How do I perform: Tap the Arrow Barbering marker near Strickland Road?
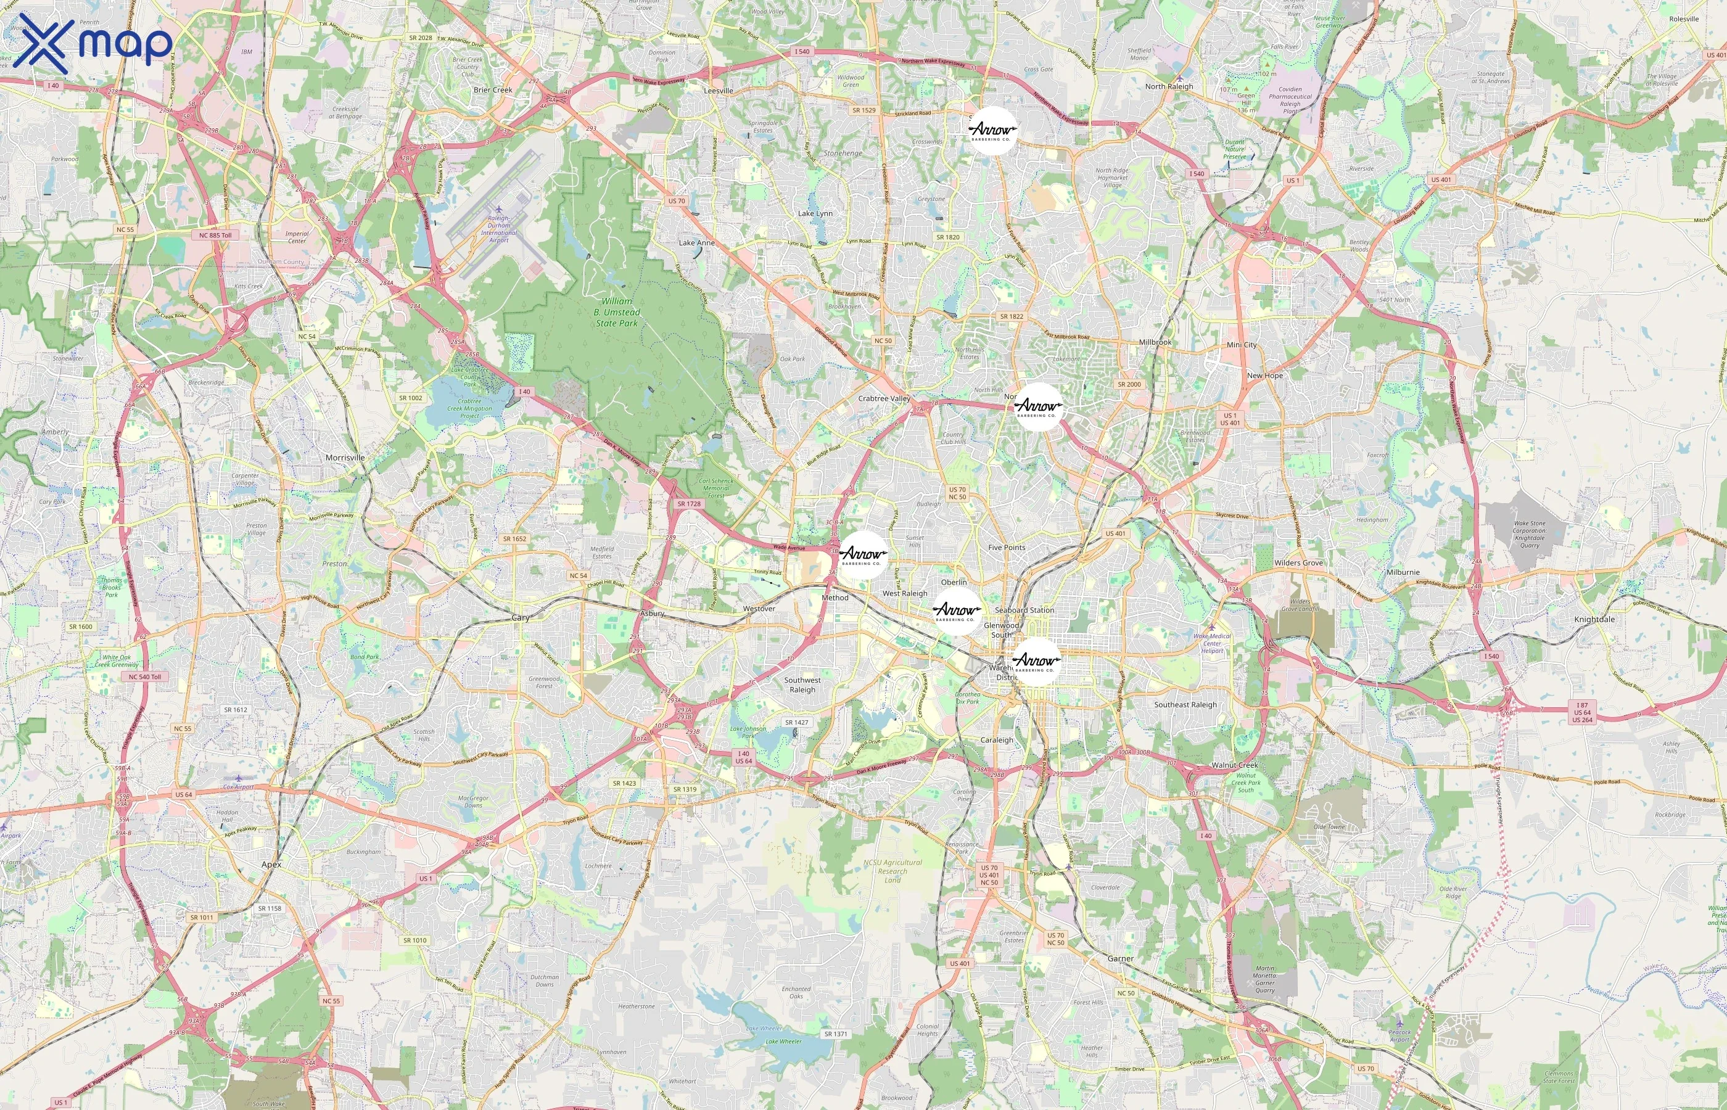(992, 131)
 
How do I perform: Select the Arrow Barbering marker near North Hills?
(1039, 407)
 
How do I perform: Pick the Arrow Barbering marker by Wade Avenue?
(863, 555)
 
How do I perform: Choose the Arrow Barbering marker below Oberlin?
(957, 611)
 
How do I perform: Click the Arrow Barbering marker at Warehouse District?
(1036, 661)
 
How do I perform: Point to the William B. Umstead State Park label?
(616, 312)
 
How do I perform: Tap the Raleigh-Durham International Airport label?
(499, 229)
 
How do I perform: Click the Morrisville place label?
(345, 458)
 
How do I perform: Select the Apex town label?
(272, 864)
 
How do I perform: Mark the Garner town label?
(1120, 959)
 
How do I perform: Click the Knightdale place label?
(1594, 619)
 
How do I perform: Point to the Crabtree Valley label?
(884, 398)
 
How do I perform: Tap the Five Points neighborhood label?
(1006, 548)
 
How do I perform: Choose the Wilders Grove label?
(1298, 563)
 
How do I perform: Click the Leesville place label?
(718, 91)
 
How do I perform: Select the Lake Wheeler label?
(783, 1041)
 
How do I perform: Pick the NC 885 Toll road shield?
(215, 235)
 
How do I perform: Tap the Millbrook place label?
(1155, 342)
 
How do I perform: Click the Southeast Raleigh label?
(1185, 705)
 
